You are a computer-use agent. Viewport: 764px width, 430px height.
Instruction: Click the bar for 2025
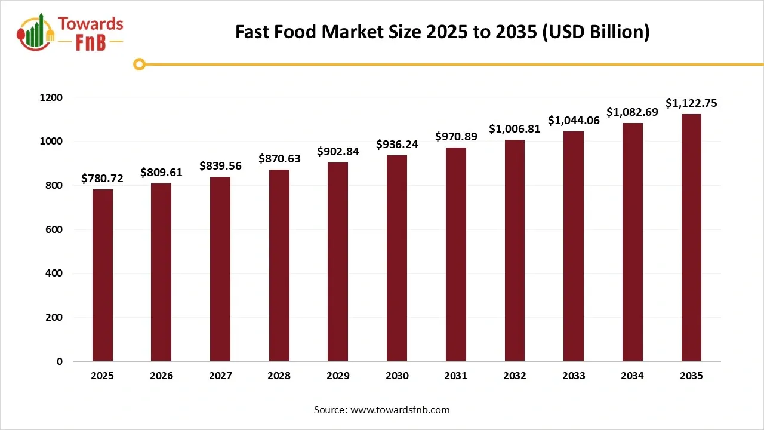[x=103, y=275]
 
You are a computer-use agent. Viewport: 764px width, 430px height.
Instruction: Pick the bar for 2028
[x=279, y=265]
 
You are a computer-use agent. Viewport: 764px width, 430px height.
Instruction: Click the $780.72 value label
[x=103, y=179]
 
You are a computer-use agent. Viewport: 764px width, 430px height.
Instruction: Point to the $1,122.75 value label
[x=691, y=103]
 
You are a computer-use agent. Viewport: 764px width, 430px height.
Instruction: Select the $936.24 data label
[x=397, y=145]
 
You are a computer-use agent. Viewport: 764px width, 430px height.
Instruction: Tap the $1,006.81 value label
[x=515, y=129]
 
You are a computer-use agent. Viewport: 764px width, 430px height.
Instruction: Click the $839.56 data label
[x=220, y=166]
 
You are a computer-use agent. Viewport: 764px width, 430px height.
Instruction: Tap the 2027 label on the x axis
[x=220, y=376]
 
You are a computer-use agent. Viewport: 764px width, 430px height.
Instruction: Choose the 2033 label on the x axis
[x=573, y=376]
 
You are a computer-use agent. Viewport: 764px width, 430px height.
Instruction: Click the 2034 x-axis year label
[x=632, y=376]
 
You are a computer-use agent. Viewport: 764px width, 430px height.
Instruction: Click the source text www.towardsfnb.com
[x=399, y=410]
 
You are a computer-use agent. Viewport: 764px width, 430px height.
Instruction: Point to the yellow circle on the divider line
[x=139, y=64]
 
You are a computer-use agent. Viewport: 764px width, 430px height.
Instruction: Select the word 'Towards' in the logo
[x=91, y=24]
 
